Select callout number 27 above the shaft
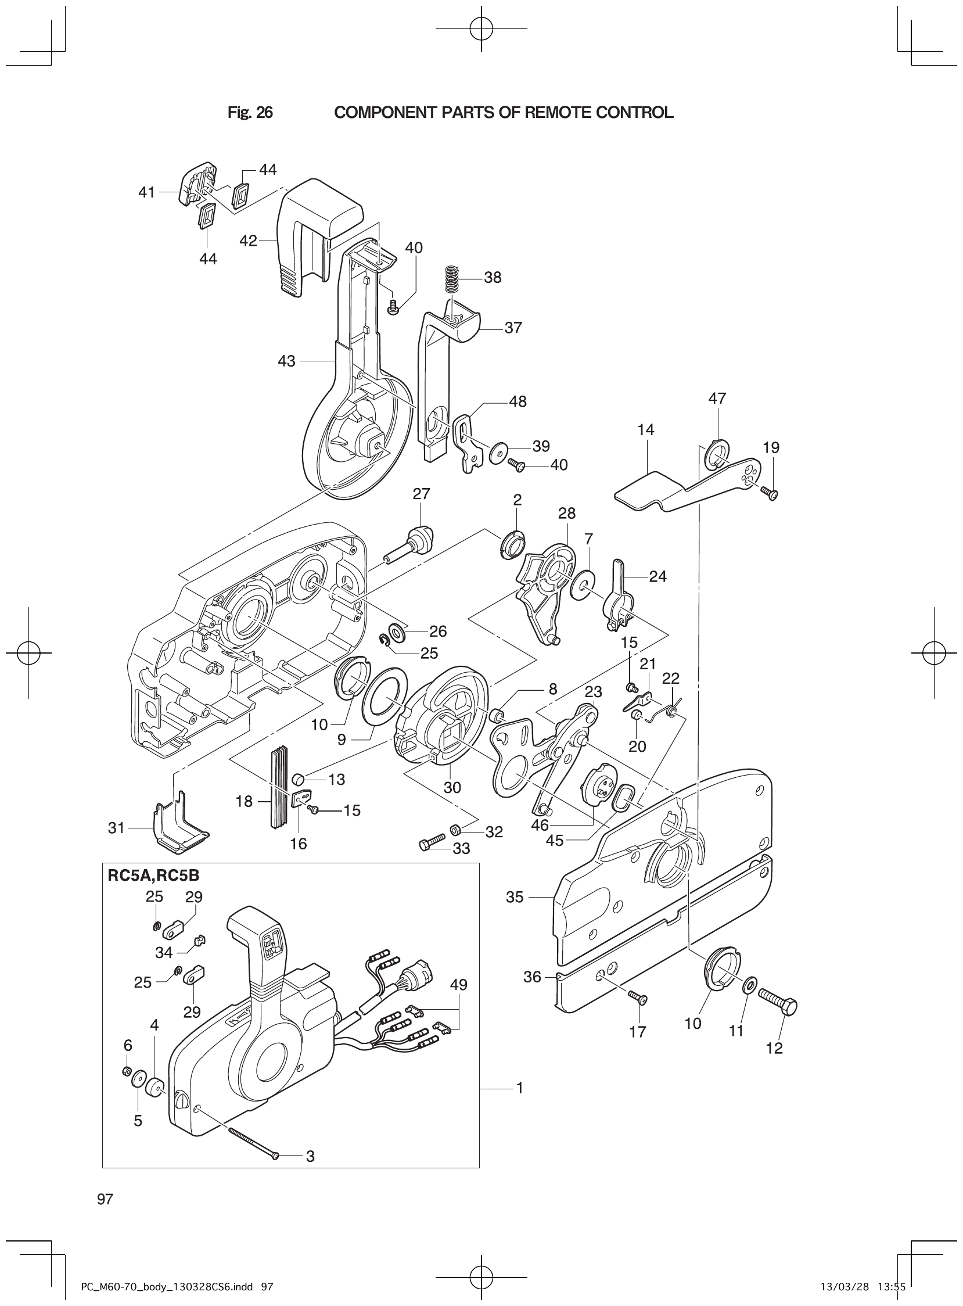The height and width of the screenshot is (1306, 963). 421,494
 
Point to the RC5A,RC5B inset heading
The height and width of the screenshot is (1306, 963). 153,876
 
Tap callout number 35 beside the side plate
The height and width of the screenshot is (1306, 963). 514,896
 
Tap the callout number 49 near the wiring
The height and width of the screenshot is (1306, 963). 458,985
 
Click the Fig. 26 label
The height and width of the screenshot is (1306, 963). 250,113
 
